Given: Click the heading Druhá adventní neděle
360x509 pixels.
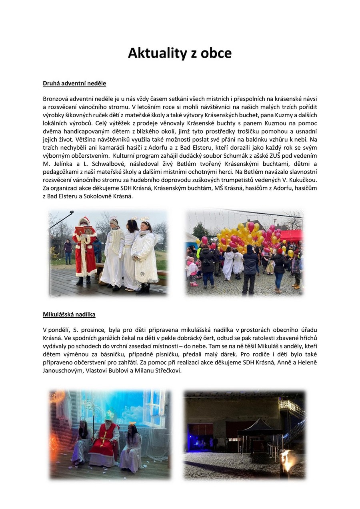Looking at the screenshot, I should pyautogui.click(x=74, y=84).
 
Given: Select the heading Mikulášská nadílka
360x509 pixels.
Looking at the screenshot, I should pyautogui.click(x=69, y=315).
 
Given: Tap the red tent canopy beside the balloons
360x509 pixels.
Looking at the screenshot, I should pyautogui.click(x=292, y=235).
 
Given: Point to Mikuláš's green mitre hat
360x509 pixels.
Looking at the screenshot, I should pyautogui.click(x=109, y=414).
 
